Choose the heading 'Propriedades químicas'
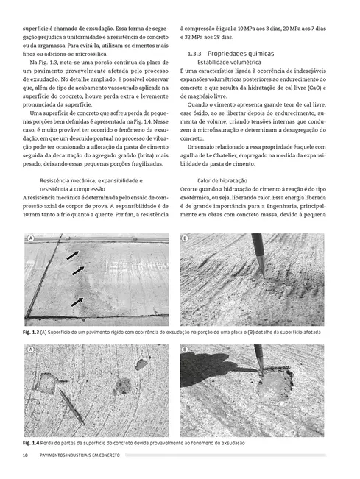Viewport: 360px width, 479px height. tap(240, 54)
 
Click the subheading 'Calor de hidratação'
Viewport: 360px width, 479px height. tap(222, 180)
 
